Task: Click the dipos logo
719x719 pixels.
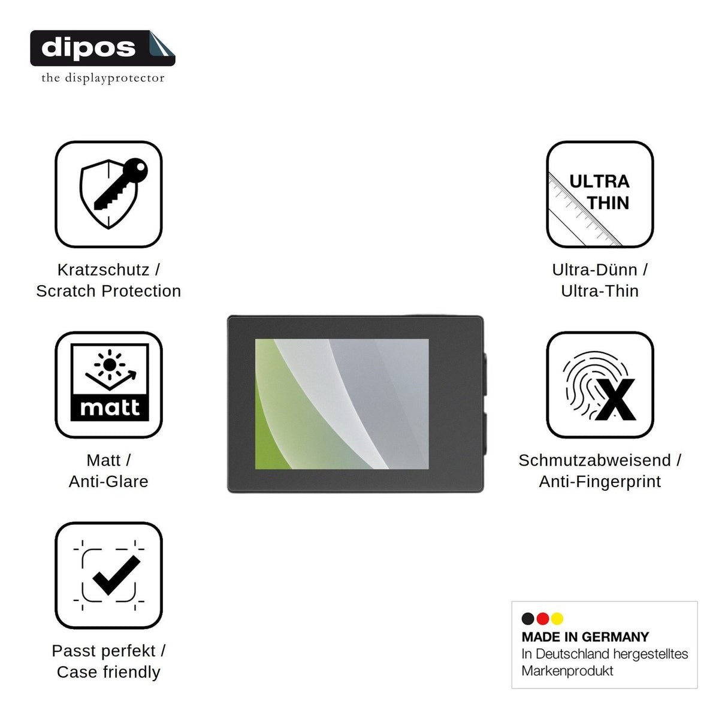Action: tap(102, 48)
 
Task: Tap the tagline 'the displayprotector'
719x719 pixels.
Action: tap(103, 78)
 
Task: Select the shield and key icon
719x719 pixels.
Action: tap(113, 194)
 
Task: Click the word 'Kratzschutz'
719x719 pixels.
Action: tap(103, 270)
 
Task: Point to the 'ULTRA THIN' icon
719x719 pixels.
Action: tap(600, 194)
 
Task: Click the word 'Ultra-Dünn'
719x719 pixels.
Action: tap(594, 270)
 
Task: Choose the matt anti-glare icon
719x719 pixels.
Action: tap(108, 384)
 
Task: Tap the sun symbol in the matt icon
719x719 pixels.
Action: tap(109, 364)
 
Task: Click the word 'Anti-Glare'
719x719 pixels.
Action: tap(108, 481)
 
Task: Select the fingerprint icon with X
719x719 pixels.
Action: tap(600, 384)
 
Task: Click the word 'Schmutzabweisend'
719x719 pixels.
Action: tap(594, 460)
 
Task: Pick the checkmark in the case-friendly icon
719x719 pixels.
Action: tap(116, 575)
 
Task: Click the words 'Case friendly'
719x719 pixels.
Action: tap(108, 672)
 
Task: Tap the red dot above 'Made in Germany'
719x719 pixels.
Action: tap(542, 618)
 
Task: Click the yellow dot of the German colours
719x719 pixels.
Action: tap(557, 618)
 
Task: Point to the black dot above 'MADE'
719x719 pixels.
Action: tap(528, 618)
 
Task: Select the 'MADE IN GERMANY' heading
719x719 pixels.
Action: tap(585, 637)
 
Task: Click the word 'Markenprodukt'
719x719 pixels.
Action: tap(567, 670)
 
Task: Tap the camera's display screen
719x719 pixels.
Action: tap(342, 404)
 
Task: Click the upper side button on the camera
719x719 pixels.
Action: tap(485, 374)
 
